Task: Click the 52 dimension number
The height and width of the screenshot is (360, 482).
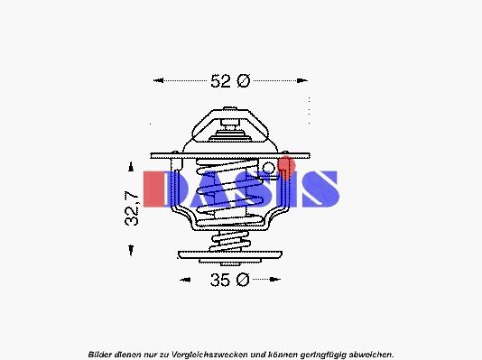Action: point(220,81)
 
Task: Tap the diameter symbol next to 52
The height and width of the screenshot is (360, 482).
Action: point(244,81)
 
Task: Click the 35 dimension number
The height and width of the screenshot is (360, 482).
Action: point(220,280)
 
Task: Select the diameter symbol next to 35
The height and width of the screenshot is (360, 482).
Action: point(243,280)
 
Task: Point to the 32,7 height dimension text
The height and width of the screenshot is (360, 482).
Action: point(132,208)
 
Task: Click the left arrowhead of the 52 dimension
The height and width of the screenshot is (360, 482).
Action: point(158,81)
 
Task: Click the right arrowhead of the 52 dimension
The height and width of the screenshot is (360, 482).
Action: point(302,81)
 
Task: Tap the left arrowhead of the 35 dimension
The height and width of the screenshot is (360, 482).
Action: point(185,280)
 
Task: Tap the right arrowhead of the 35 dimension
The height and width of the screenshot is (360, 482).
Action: point(274,279)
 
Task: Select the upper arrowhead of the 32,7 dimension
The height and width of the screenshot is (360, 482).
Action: point(131,166)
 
